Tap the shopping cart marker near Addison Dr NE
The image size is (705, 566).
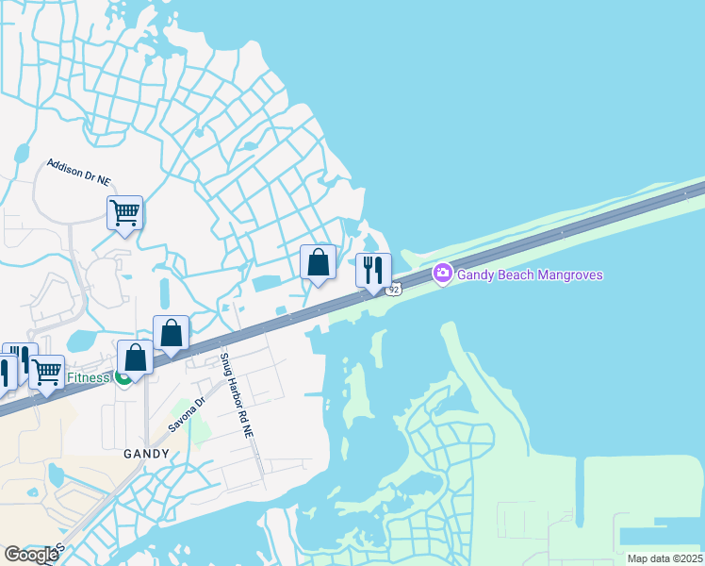point(124,213)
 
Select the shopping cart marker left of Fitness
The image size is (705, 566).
point(46,371)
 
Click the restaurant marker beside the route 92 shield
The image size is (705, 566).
point(373,270)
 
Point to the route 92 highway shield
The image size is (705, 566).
point(395,289)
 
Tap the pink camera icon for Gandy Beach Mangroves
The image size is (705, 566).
point(442,274)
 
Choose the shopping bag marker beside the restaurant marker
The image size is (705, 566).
point(319,262)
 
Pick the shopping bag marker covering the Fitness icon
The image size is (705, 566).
point(136,358)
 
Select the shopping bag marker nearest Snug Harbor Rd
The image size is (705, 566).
point(171,333)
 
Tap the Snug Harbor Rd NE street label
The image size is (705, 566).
point(238,395)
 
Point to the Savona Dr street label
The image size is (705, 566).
point(187,415)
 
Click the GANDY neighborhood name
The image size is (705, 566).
point(147,453)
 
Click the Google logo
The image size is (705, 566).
point(31,555)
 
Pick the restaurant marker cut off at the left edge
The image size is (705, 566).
point(5,371)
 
